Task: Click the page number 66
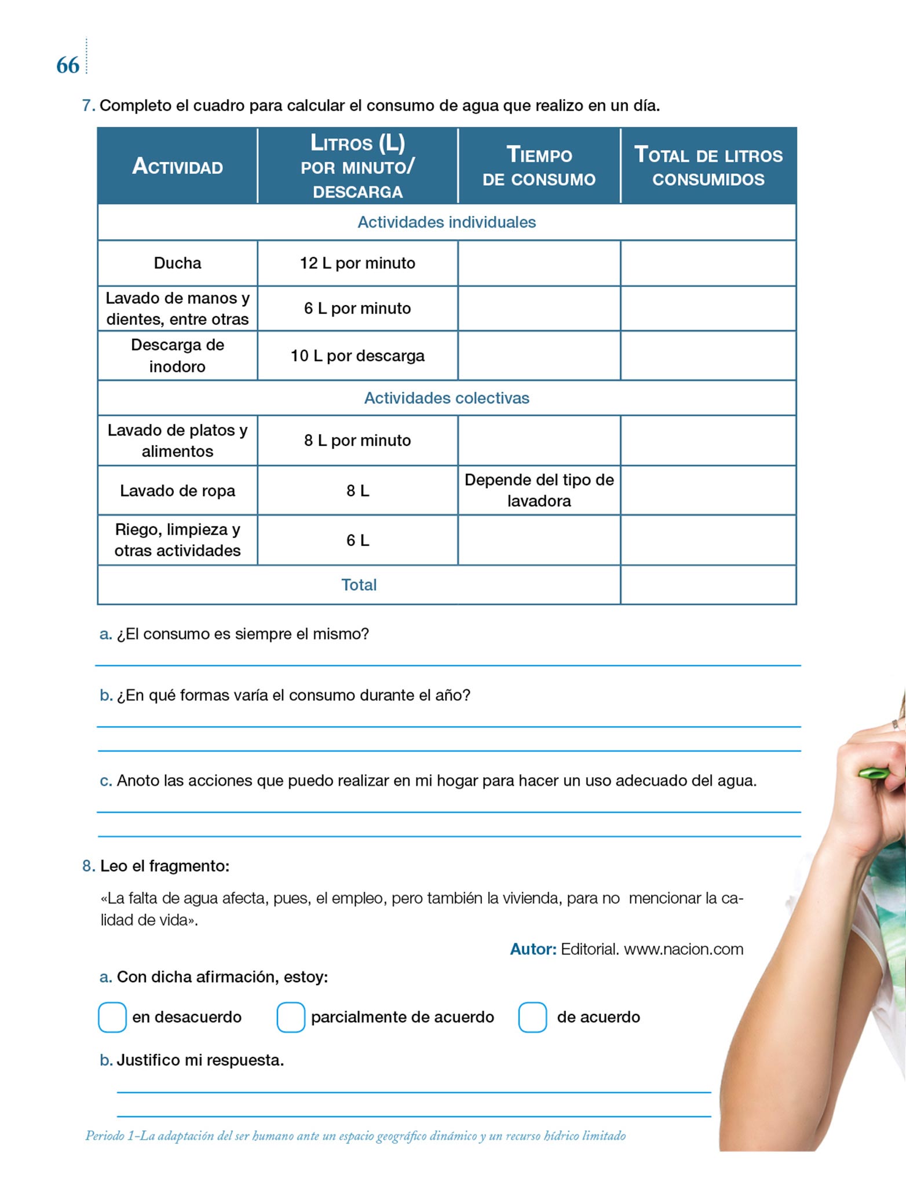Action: click(68, 65)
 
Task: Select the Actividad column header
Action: click(177, 167)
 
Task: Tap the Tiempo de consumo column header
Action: click(539, 167)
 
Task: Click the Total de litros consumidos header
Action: click(708, 167)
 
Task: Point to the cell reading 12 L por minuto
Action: click(357, 263)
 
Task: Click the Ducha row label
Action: click(177, 263)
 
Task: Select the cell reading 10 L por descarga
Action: click(357, 356)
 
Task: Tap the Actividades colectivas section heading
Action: click(447, 398)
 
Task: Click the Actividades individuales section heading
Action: click(447, 222)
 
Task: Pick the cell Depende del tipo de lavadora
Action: click(539, 490)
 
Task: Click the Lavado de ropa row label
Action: click(177, 491)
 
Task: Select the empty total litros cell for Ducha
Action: click(708, 263)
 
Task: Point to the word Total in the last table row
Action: click(359, 585)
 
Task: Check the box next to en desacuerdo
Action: click(112, 1017)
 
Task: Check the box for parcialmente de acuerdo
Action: click(291, 1017)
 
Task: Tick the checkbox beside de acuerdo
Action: click(532, 1017)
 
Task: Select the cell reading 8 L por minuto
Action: click(357, 441)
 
